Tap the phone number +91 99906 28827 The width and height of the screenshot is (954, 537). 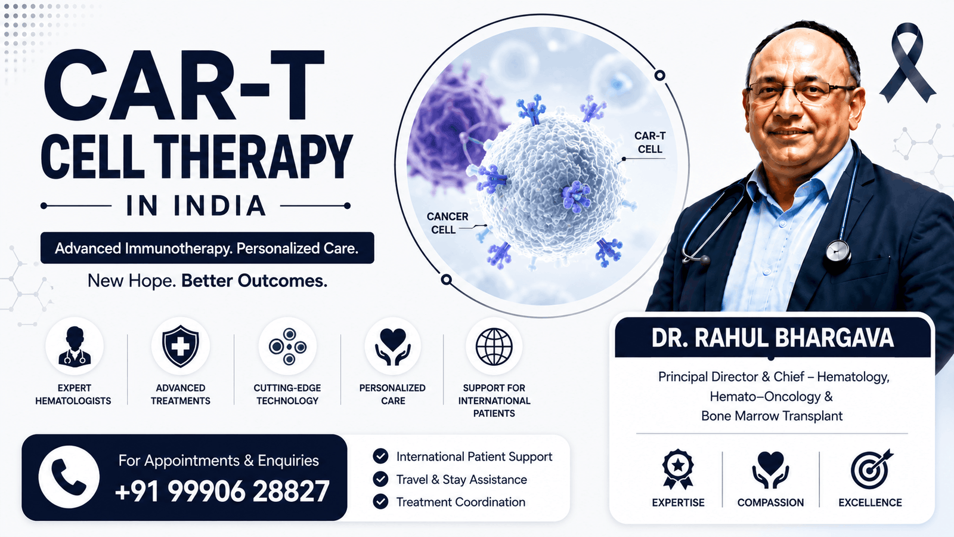click(222, 491)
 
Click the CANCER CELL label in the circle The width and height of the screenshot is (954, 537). click(447, 223)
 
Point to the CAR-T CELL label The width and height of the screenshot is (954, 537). click(650, 143)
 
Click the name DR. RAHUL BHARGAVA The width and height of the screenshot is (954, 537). click(772, 338)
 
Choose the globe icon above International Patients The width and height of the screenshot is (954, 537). click(494, 347)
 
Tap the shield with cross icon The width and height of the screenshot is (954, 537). click(181, 346)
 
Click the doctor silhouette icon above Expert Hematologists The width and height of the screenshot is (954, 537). click(75, 347)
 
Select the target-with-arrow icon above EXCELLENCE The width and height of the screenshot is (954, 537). click(871, 470)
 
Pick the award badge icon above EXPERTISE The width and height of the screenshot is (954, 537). click(678, 469)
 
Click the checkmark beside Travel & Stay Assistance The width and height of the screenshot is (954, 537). click(380, 479)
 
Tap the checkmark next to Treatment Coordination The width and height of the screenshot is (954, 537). click(380, 502)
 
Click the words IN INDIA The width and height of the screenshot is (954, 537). click(196, 206)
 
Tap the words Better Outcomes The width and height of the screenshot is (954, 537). click(254, 281)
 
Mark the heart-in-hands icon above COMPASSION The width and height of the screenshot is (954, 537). click(770, 469)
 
